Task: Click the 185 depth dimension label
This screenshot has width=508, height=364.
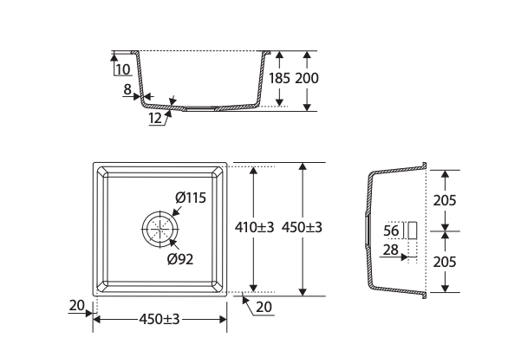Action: click(280, 78)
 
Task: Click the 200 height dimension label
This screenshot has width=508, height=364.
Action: click(307, 78)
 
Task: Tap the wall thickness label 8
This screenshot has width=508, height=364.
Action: click(127, 89)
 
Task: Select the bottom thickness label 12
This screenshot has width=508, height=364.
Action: click(155, 118)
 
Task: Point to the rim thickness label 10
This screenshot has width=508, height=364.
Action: click(123, 69)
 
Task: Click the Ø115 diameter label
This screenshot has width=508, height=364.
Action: click(191, 198)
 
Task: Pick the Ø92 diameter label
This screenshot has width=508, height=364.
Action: click(180, 259)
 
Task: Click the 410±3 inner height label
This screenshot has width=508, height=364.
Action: click(254, 227)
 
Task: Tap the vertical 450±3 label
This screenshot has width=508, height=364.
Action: click(302, 227)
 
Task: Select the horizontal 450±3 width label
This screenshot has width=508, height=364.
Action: click(159, 319)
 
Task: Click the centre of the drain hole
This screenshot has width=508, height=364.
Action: click(160, 229)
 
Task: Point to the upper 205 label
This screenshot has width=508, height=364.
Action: click(445, 200)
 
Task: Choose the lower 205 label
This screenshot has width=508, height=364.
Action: click(445, 262)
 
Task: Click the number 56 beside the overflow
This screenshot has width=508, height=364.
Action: click(391, 231)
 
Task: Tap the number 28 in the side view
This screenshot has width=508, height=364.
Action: click(390, 250)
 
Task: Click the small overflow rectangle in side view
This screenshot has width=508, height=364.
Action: click(412, 231)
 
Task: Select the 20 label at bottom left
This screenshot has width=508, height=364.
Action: click(77, 305)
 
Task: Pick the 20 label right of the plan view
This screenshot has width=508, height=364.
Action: click(264, 307)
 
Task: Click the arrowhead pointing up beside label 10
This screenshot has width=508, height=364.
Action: click(114, 57)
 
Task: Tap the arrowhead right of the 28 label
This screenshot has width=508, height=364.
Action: click(404, 257)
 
